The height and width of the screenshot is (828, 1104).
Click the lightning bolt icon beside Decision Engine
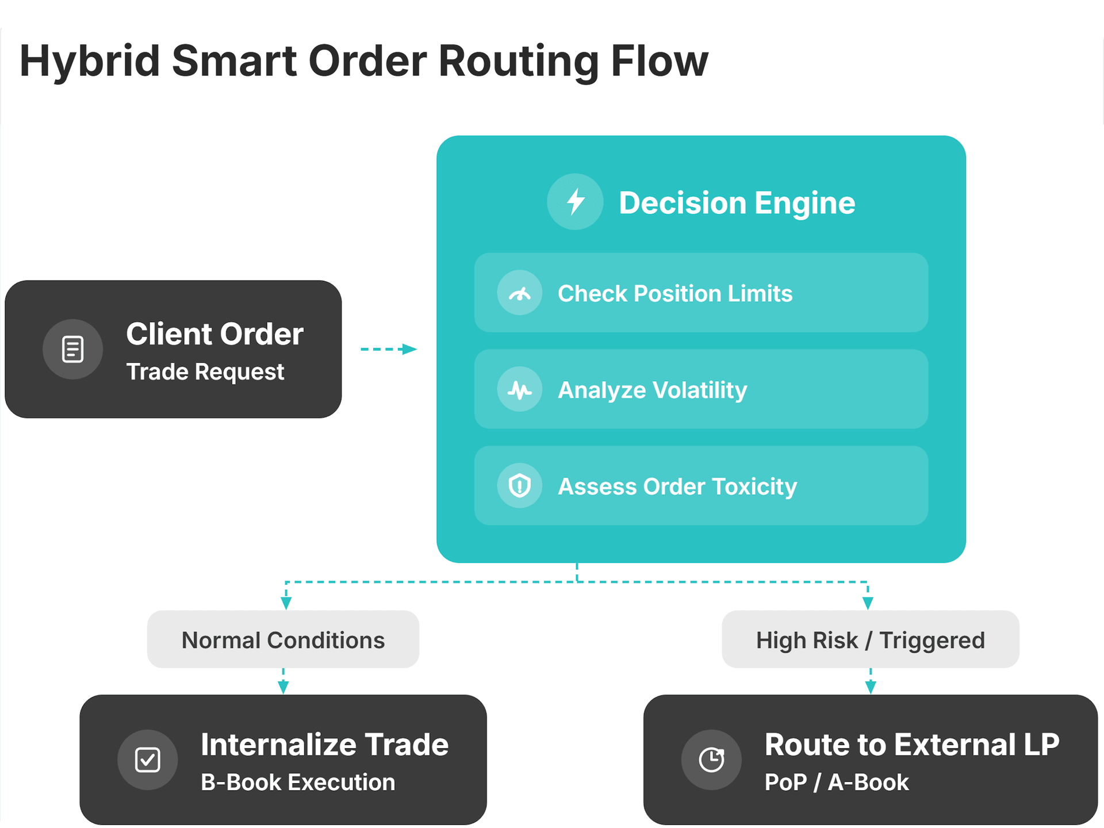pos(575,202)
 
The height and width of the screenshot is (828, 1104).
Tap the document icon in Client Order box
pos(73,349)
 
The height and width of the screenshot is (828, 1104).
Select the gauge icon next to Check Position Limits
pos(520,293)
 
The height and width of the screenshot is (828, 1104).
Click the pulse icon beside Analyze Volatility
pos(520,390)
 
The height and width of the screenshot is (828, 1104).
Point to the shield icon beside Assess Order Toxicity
pos(520,486)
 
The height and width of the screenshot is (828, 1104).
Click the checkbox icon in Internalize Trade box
pos(148,760)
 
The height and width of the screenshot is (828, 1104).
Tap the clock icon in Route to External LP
pos(711,760)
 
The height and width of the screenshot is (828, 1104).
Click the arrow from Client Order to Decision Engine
pos(388,349)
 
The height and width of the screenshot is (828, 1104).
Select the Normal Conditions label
pos(283,640)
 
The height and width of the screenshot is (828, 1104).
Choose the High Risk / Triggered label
pos(870,640)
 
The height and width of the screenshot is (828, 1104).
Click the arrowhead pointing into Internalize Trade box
pos(283,687)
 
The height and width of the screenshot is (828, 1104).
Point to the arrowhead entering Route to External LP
pos(870,687)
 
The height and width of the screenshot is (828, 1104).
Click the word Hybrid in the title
pos(90,61)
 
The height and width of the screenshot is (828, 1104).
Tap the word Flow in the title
pos(659,61)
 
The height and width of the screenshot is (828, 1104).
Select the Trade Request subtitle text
pos(205,371)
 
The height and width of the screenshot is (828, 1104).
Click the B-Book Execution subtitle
pos(298,782)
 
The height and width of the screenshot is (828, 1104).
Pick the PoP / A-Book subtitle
pos(837,782)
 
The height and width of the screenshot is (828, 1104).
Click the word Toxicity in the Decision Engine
pos(754,486)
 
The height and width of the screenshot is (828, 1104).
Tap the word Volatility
pos(700,390)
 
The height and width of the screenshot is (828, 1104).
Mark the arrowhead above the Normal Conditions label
pos(286,603)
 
